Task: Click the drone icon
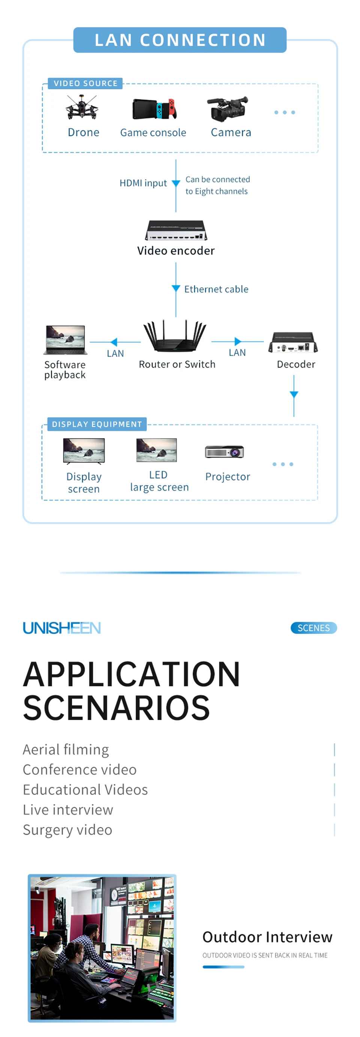click(82, 108)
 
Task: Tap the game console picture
click(154, 109)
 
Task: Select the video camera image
click(228, 108)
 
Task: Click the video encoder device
click(176, 230)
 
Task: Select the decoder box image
click(293, 342)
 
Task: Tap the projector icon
click(224, 452)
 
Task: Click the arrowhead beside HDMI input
click(176, 183)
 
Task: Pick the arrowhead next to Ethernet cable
click(176, 288)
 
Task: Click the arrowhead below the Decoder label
click(294, 395)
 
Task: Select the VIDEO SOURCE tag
click(85, 83)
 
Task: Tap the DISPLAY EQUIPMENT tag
click(97, 424)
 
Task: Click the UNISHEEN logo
click(61, 627)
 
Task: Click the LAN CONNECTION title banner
click(180, 40)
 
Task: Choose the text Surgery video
click(67, 830)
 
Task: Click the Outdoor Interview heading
click(267, 937)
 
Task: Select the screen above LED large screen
click(157, 450)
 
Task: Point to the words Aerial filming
click(66, 750)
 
